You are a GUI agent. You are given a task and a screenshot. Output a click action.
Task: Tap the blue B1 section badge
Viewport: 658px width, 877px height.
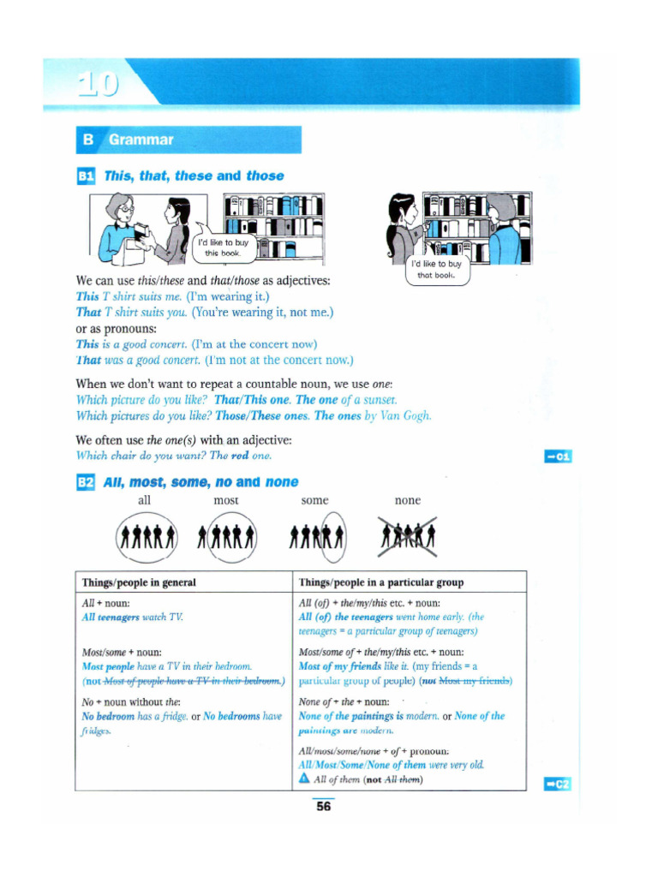click(86, 176)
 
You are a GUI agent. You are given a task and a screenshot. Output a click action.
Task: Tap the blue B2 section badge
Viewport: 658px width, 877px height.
click(86, 482)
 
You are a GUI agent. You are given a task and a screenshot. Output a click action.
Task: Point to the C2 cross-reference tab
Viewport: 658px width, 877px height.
click(558, 785)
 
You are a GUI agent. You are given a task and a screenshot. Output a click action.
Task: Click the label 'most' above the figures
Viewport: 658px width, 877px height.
click(226, 500)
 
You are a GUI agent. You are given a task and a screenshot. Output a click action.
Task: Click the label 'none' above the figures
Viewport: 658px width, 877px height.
click(407, 500)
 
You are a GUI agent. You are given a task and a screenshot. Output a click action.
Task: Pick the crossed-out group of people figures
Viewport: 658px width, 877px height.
click(409, 538)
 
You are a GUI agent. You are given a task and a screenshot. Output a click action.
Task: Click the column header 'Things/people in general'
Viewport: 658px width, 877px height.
click(139, 582)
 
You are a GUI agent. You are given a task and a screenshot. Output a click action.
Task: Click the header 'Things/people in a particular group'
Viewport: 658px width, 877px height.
click(381, 582)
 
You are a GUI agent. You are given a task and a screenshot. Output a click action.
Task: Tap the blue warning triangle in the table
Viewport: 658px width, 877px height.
click(304, 779)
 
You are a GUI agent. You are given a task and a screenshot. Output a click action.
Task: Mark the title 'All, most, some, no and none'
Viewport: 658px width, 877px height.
click(200, 482)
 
